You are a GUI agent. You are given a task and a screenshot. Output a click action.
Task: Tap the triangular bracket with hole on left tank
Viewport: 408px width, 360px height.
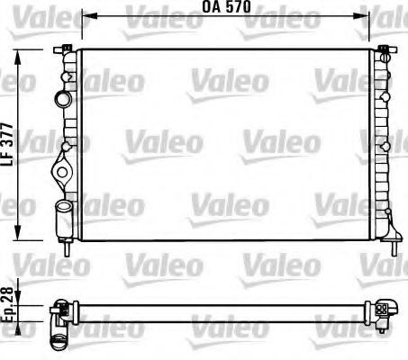point(62,167)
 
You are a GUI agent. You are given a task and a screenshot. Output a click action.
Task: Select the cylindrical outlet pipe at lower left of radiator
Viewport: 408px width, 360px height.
point(63,214)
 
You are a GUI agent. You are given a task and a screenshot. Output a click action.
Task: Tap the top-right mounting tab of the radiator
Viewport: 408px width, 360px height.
point(383,47)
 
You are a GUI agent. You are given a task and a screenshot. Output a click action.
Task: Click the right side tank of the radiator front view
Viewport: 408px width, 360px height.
point(381,144)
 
